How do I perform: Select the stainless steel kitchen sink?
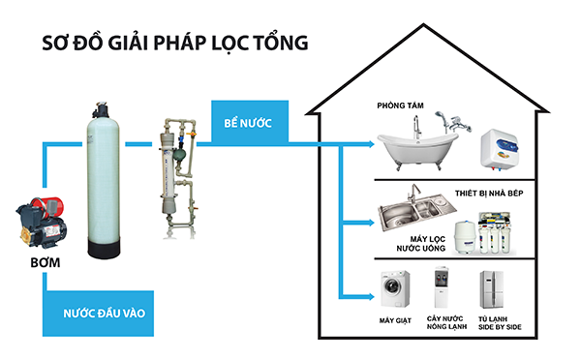click(x=412, y=215)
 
